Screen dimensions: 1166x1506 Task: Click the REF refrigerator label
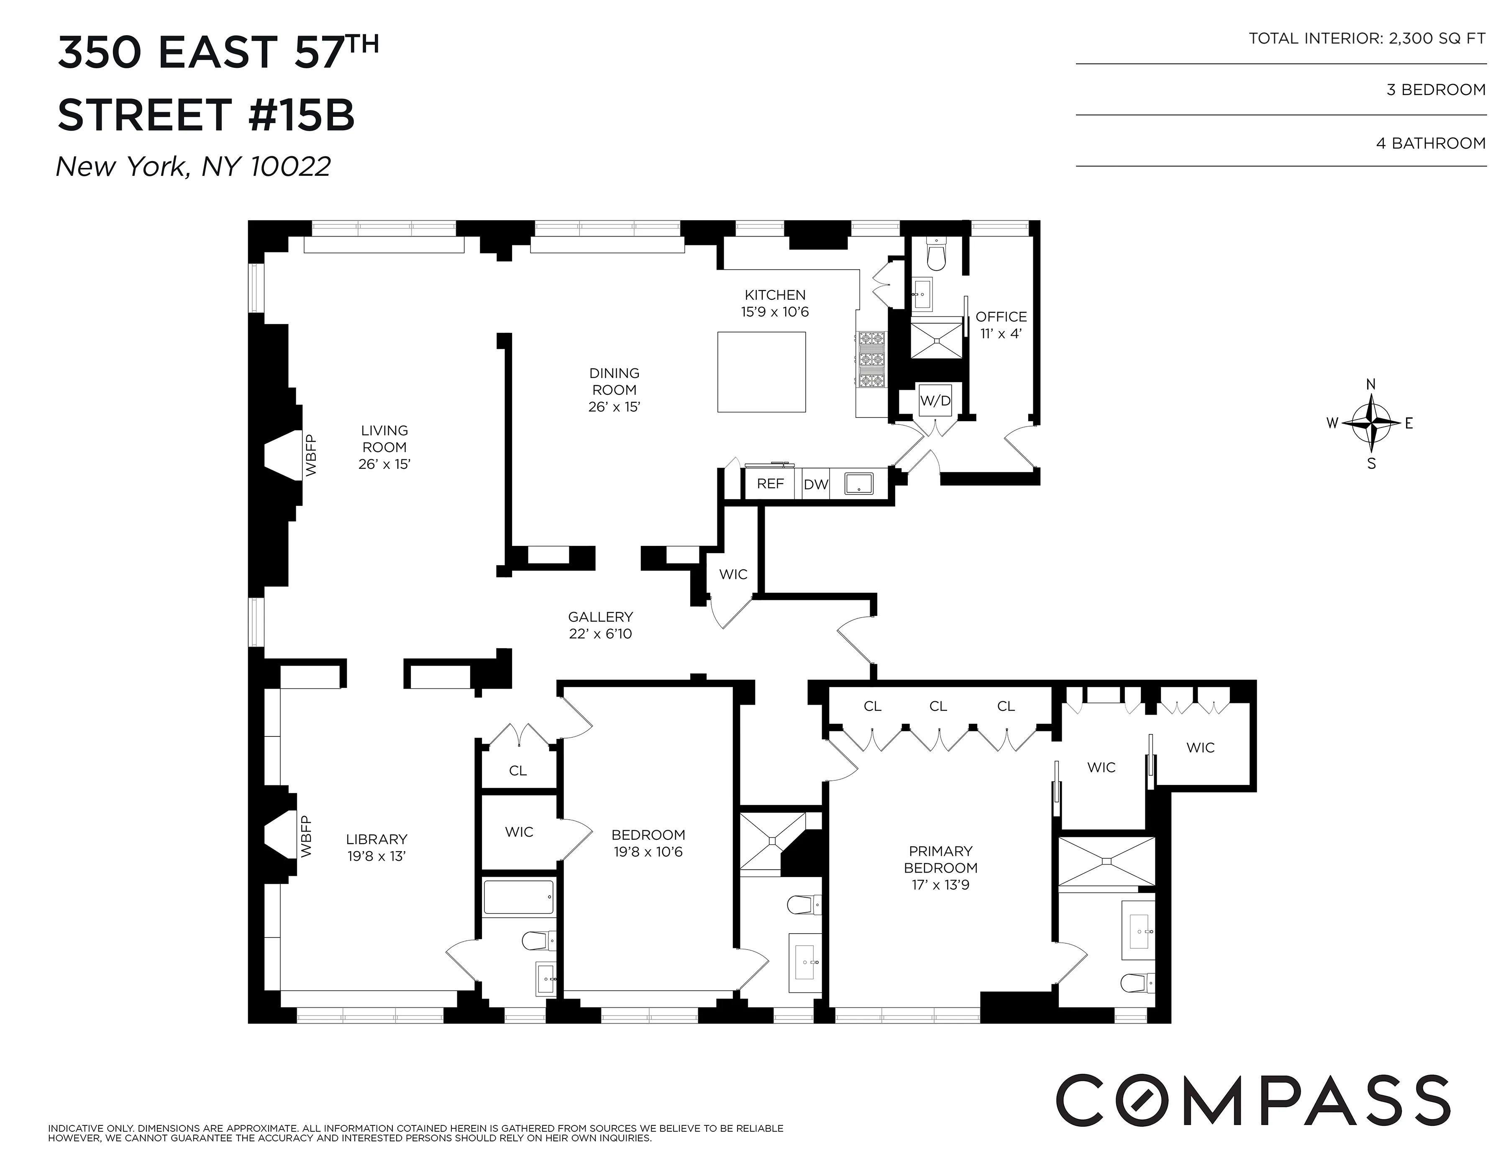770,484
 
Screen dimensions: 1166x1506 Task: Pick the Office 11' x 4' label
1001,324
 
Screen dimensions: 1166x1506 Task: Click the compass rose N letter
1372,384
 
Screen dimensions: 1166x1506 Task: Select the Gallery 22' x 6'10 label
600,625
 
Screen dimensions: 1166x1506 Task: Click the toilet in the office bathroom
936,255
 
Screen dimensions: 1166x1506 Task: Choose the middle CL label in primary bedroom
938,706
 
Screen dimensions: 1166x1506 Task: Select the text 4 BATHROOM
1431,144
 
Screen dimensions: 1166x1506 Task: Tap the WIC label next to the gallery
733,575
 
